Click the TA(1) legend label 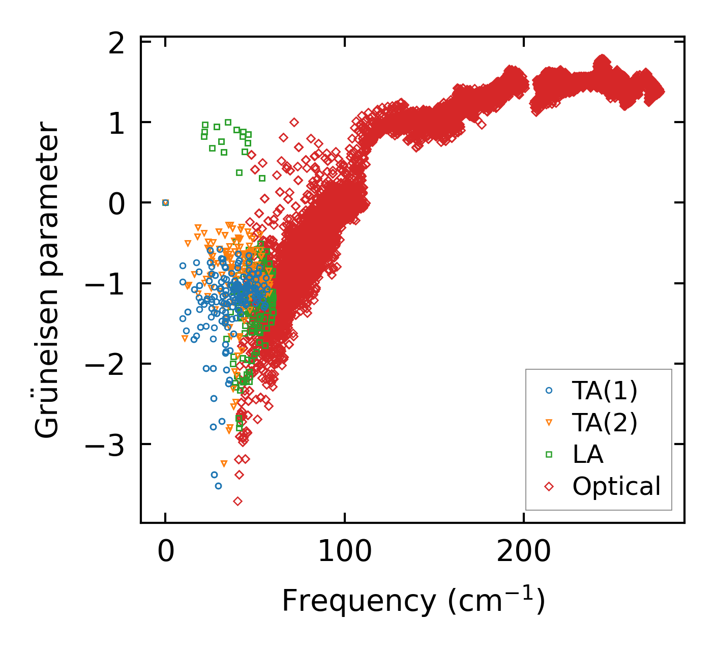[x=604, y=391]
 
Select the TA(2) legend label [x=604, y=422]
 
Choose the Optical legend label [x=616, y=486]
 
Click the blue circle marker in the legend [x=549, y=391]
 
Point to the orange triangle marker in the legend [x=549, y=423]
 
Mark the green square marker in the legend [x=549, y=454]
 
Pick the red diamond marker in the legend [x=549, y=486]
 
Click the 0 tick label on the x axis [x=165, y=552]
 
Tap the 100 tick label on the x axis [x=344, y=552]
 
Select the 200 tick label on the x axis [x=523, y=552]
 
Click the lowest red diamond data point [x=237, y=501]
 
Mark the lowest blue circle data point [x=218, y=486]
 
